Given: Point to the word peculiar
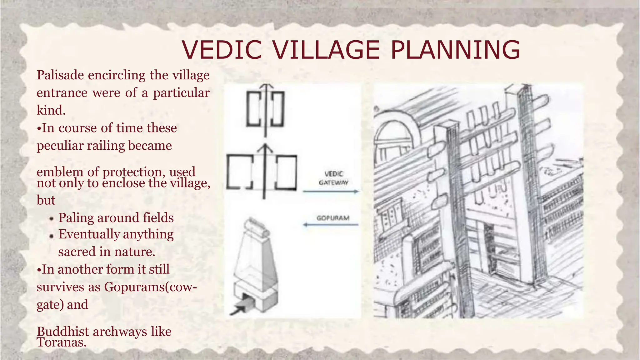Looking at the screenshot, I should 59,146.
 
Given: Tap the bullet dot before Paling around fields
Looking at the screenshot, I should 52,219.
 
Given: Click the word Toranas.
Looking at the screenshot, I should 61,342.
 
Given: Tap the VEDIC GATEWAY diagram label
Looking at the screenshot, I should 333,178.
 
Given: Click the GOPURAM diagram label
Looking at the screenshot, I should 333,218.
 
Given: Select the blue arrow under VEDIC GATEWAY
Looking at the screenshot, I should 331,192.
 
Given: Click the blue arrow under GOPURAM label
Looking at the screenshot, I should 331,224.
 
